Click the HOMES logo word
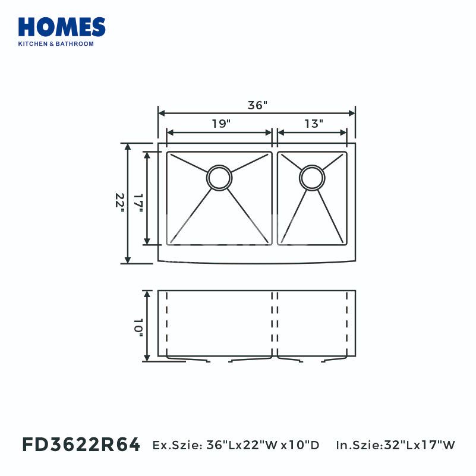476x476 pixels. [x=62, y=27]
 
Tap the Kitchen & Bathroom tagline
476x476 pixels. [x=56, y=44]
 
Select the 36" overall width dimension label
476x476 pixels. [x=257, y=105]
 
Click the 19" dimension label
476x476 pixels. [x=221, y=124]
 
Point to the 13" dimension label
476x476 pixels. [x=314, y=124]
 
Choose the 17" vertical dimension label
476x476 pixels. [x=138, y=203]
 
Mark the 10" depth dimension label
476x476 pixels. [x=138, y=328]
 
